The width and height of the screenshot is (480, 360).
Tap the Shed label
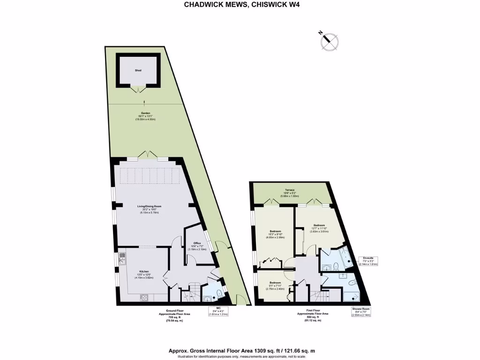click(x=138, y=70)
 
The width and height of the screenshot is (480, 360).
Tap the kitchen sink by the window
click(x=122, y=257)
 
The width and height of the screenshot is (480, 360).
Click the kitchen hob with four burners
click(x=144, y=297)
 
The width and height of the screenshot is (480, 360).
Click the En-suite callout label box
click(x=368, y=261)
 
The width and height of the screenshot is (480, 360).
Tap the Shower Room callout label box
click(x=361, y=312)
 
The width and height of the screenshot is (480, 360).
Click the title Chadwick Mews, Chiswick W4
click(x=240, y=5)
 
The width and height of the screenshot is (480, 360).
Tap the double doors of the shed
click(x=138, y=89)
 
